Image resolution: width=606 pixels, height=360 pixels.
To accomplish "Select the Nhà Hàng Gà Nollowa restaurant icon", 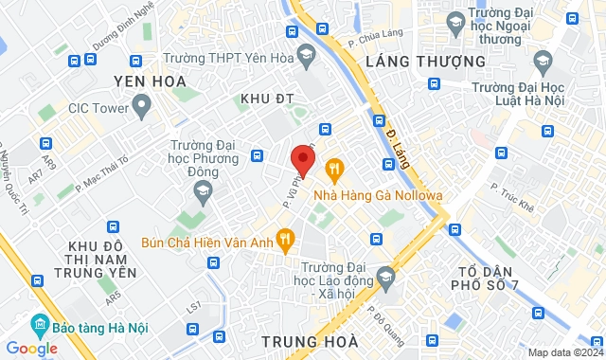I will pyautogui.click(x=333, y=170).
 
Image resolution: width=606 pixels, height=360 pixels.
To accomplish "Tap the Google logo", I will pyautogui.click(x=31, y=348).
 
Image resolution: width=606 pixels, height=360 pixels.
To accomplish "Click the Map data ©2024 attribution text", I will pyautogui.click(x=563, y=352).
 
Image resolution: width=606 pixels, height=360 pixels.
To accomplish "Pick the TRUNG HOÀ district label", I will pyautogui.click(x=310, y=340).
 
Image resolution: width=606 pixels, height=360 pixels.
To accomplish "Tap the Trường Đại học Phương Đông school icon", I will pyautogui.click(x=201, y=191).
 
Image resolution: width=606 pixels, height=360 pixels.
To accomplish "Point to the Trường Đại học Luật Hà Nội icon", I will pyautogui.click(x=543, y=64).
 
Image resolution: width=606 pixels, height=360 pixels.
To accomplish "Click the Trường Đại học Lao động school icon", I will pyautogui.click(x=384, y=277).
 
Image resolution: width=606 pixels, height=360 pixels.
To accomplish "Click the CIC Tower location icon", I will pyautogui.click(x=142, y=106).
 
